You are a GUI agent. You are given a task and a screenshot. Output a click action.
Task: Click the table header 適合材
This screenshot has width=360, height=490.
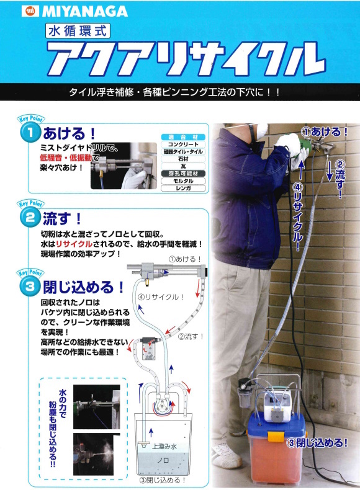(182, 136)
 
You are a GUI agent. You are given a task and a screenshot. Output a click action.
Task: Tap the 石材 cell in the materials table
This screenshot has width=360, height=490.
(182, 159)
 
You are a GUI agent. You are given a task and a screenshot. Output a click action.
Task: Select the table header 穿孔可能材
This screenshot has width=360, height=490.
(182, 173)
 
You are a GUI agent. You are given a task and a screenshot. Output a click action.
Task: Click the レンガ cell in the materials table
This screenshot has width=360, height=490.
(182, 187)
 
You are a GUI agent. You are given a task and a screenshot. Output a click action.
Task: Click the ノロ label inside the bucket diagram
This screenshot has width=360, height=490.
(163, 461)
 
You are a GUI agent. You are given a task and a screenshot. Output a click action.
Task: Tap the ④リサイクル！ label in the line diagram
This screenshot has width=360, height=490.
(161, 296)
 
